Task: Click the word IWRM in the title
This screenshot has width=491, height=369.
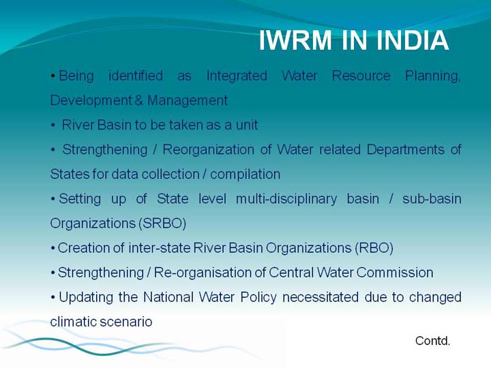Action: tap(295, 40)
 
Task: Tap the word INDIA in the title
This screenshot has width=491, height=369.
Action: tap(413, 40)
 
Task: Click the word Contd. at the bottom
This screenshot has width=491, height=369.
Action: tap(433, 341)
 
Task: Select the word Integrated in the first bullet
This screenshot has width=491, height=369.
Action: tap(237, 76)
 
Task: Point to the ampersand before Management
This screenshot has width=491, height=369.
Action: tap(138, 100)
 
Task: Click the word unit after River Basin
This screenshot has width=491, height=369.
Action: tap(247, 125)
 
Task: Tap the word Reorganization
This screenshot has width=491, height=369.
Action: tap(208, 150)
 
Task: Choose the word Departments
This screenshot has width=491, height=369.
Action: tap(406, 150)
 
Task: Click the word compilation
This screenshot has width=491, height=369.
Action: tap(245, 174)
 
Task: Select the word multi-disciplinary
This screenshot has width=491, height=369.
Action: tap(286, 200)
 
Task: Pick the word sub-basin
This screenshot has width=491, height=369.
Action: tap(432, 199)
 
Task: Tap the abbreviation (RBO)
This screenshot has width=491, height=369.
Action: tap(374, 248)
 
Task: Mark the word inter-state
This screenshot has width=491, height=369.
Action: tap(160, 248)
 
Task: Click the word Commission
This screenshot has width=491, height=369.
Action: tap(395, 273)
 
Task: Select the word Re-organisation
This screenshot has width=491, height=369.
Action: tap(203, 273)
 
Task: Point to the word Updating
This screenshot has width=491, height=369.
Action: tap(86, 297)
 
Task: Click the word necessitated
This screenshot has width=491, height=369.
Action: tap(321, 297)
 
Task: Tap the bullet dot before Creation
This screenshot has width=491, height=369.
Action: tap(53, 249)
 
